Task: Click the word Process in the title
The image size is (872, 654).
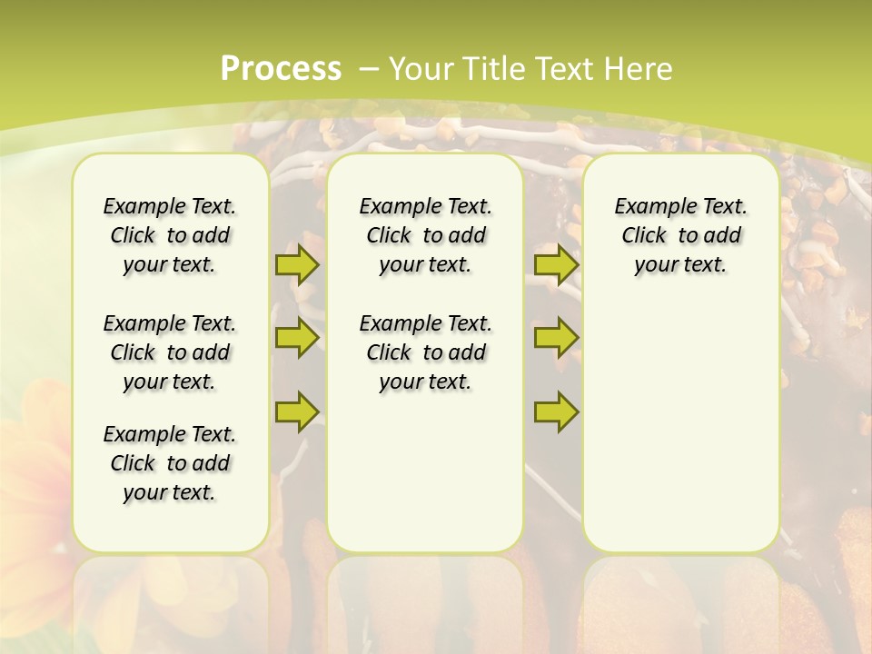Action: click(281, 68)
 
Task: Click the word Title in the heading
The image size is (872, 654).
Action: click(491, 68)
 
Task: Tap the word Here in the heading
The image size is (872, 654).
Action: click(639, 68)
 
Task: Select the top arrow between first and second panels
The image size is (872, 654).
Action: click(297, 265)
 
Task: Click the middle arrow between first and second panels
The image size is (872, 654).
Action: click(297, 338)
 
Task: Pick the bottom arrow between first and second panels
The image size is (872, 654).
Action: click(297, 411)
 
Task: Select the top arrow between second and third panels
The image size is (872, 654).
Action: click(556, 265)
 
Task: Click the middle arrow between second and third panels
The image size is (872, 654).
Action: click(556, 338)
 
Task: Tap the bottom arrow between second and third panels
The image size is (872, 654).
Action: click(556, 411)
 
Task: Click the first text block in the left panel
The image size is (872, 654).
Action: click(170, 235)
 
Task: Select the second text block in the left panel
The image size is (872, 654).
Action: click(170, 352)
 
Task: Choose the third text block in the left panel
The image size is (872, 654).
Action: click(170, 463)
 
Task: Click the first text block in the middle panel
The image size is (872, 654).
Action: click(425, 235)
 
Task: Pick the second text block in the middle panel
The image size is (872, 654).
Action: click(425, 352)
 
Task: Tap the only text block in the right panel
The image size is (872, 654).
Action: click(680, 235)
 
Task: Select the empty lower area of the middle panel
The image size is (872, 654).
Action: click(425, 472)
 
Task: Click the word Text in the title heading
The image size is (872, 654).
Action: click(563, 68)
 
